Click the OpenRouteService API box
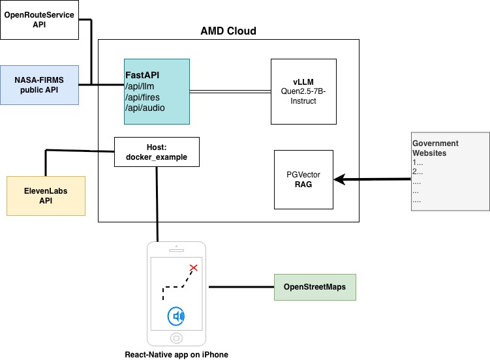(x=40, y=19)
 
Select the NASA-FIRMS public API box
(x=40, y=85)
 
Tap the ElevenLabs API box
(x=45, y=196)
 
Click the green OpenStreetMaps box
(x=315, y=287)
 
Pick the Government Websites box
(x=450, y=171)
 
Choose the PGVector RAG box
(x=304, y=179)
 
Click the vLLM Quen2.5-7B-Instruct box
(x=303, y=92)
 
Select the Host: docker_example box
(x=157, y=152)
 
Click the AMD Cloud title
(x=228, y=31)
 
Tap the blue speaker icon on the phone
(x=176, y=316)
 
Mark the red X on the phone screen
(x=194, y=267)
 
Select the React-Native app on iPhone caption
(x=176, y=354)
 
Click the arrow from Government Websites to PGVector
(x=372, y=179)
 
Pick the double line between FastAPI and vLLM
(x=230, y=92)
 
